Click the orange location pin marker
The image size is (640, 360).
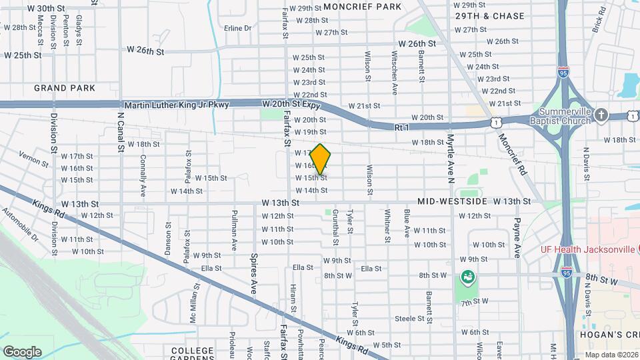321,159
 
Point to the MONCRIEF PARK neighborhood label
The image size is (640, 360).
362,7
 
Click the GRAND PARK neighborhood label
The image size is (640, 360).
65,87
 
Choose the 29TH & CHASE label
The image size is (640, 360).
490,15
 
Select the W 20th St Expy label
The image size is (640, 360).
292,105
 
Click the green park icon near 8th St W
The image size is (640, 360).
467,275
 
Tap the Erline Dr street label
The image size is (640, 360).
237,28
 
